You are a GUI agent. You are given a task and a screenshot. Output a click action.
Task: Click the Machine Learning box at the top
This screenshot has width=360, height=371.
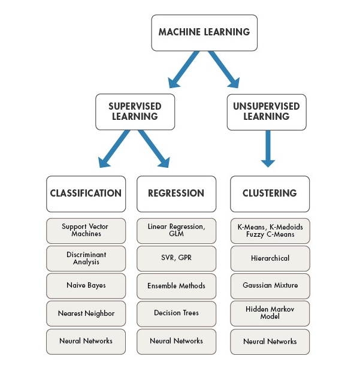click(204, 32)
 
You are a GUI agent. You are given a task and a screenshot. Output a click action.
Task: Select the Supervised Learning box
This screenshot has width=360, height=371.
click(135, 111)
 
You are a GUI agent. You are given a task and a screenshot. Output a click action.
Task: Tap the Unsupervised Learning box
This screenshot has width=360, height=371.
click(267, 111)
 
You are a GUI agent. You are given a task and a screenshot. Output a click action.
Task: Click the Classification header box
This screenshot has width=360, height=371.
click(86, 194)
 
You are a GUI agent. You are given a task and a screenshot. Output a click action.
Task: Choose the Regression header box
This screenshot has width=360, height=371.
click(176, 194)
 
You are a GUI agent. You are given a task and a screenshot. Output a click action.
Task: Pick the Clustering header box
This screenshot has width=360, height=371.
click(270, 194)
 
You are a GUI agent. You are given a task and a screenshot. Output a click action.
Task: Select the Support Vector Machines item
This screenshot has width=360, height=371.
click(86, 230)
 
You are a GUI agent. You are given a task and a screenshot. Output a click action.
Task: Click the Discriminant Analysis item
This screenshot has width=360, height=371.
click(86, 258)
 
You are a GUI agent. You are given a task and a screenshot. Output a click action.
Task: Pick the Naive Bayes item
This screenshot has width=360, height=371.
click(86, 285)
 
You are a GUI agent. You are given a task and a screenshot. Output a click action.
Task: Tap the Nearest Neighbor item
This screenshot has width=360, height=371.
click(86, 313)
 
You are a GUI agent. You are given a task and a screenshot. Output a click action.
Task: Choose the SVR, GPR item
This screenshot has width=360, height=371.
click(176, 258)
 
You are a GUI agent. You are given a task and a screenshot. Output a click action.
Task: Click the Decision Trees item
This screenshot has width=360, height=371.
click(176, 313)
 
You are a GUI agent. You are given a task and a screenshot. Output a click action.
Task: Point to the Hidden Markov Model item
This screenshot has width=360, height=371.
click(270, 313)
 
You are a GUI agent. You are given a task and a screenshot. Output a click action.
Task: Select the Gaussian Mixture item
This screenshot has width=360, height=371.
click(270, 285)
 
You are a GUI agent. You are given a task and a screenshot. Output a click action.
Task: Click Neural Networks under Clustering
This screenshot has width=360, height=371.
click(270, 341)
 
